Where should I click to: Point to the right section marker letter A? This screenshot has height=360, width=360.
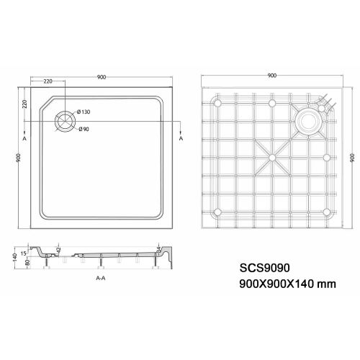[180, 137]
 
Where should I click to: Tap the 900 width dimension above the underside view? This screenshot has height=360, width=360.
[271, 75]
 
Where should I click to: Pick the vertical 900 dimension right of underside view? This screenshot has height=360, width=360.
[353, 157]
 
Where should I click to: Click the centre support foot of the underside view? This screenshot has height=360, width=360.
[272, 156]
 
